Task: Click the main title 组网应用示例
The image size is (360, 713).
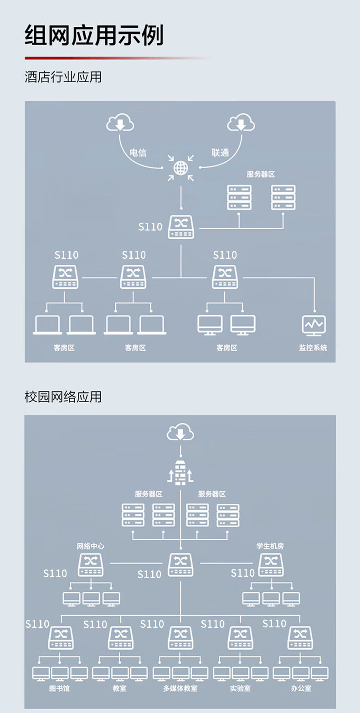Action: (x=94, y=35)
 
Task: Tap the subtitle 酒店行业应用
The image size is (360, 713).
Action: (x=63, y=77)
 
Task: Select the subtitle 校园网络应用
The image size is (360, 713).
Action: (x=63, y=397)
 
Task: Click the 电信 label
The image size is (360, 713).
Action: (x=138, y=153)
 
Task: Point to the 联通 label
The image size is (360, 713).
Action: (x=220, y=153)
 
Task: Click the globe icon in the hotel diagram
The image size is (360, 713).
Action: (x=180, y=168)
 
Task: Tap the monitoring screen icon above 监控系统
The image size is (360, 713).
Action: (x=314, y=326)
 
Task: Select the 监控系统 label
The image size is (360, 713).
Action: (x=313, y=348)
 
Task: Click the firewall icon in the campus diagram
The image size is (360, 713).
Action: (x=180, y=472)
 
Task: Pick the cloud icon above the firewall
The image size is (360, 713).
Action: (x=180, y=432)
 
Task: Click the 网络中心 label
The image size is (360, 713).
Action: (x=90, y=546)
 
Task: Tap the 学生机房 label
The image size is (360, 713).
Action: (x=270, y=546)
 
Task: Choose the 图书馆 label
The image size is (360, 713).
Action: (x=60, y=688)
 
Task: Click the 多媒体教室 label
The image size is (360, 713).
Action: (x=180, y=688)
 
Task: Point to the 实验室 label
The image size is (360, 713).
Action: (x=240, y=688)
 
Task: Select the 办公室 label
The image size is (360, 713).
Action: (x=301, y=688)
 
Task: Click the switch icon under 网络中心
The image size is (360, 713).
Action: (x=91, y=565)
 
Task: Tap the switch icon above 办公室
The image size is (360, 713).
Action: (x=300, y=637)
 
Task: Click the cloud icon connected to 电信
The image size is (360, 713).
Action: (x=120, y=123)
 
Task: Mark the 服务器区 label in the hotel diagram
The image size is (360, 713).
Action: (x=261, y=174)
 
